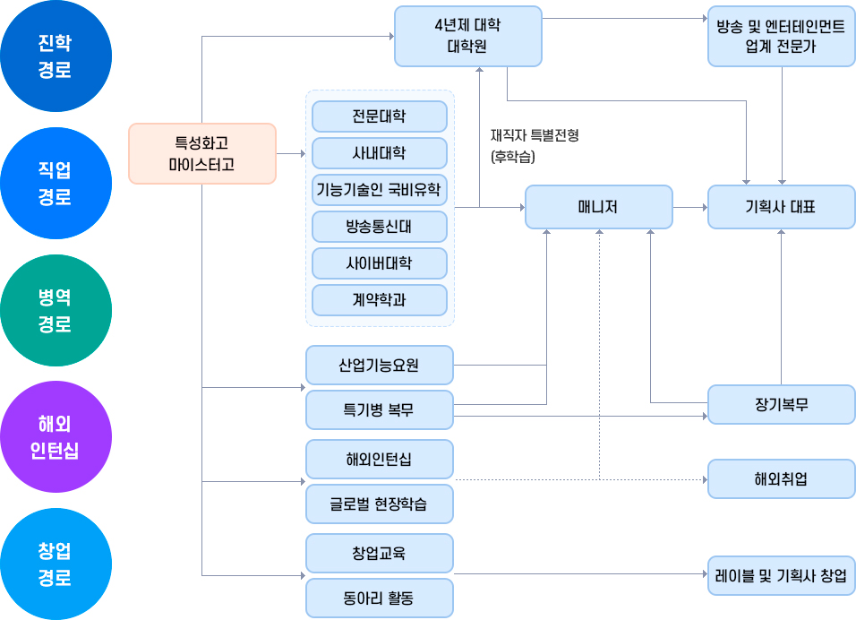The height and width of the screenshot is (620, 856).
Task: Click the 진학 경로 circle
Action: [x=56, y=56]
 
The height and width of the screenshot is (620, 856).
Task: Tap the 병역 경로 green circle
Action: [x=56, y=310]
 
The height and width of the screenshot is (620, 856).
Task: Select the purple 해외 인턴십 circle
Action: [x=56, y=437]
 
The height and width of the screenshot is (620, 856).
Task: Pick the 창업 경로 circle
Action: [x=56, y=564]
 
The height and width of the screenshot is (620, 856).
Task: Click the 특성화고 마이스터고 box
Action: [x=201, y=153]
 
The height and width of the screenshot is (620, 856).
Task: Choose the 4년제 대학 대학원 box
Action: [x=467, y=36]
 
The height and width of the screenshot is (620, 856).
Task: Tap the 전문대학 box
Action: [x=379, y=116]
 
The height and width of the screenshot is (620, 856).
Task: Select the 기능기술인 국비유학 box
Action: [x=379, y=190]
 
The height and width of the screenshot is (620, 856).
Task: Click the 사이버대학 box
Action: [x=379, y=263]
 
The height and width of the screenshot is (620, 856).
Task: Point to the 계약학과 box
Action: [x=379, y=300]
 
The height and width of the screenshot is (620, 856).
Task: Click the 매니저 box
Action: [x=598, y=207]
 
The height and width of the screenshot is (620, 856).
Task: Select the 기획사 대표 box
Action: [x=781, y=207]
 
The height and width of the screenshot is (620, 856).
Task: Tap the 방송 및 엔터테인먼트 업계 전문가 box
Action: [x=781, y=36]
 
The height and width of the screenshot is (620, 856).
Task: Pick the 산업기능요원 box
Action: [x=379, y=365]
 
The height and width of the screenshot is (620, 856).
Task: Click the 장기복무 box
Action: [x=781, y=404]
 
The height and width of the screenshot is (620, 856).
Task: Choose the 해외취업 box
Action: [x=781, y=478]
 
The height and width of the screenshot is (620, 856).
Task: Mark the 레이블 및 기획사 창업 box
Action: [x=781, y=576]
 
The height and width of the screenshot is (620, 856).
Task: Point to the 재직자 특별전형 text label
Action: [x=535, y=135]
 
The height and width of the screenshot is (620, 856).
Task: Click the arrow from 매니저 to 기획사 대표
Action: [x=689, y=207]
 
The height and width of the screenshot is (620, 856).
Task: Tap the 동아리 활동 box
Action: [x=379, y=598]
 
